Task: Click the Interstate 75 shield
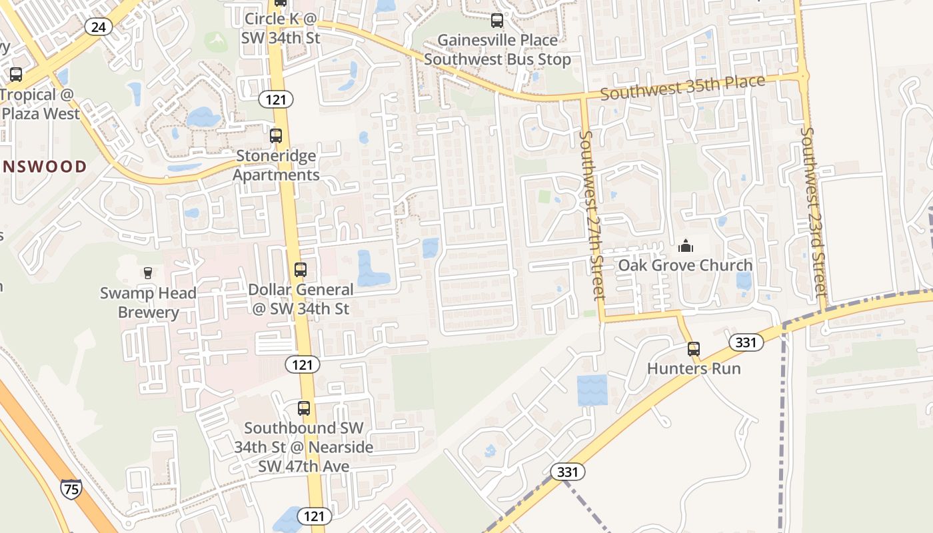pos(71,489)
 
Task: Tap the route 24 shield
pos(98,27)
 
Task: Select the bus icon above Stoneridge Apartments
pos(276,136)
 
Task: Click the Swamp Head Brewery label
pos(148,302)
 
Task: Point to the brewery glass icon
pos(148,272)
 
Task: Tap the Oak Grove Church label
pos(685,265)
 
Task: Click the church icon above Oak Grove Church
pos(685,247)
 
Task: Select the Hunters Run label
pos(694,368)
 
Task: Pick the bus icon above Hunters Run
pos(694,348)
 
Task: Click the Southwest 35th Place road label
pos(682,87)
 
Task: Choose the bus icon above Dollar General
pos(301,270)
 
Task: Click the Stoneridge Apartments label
pos(276,165)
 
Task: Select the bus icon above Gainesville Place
pos(497,21)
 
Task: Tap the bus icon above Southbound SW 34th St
pos(304,408)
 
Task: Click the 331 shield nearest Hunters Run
pos(746,342)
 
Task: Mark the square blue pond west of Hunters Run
pos(592,390)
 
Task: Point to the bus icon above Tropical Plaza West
pos(16,75)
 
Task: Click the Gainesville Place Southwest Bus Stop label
pos(497,50)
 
